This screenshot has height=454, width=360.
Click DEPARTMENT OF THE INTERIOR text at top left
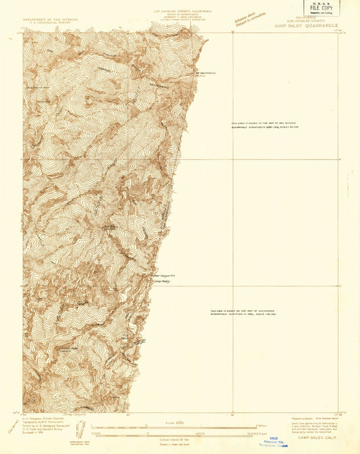[x=51, y=20]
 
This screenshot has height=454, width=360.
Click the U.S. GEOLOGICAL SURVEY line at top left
[x=51, y=23]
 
